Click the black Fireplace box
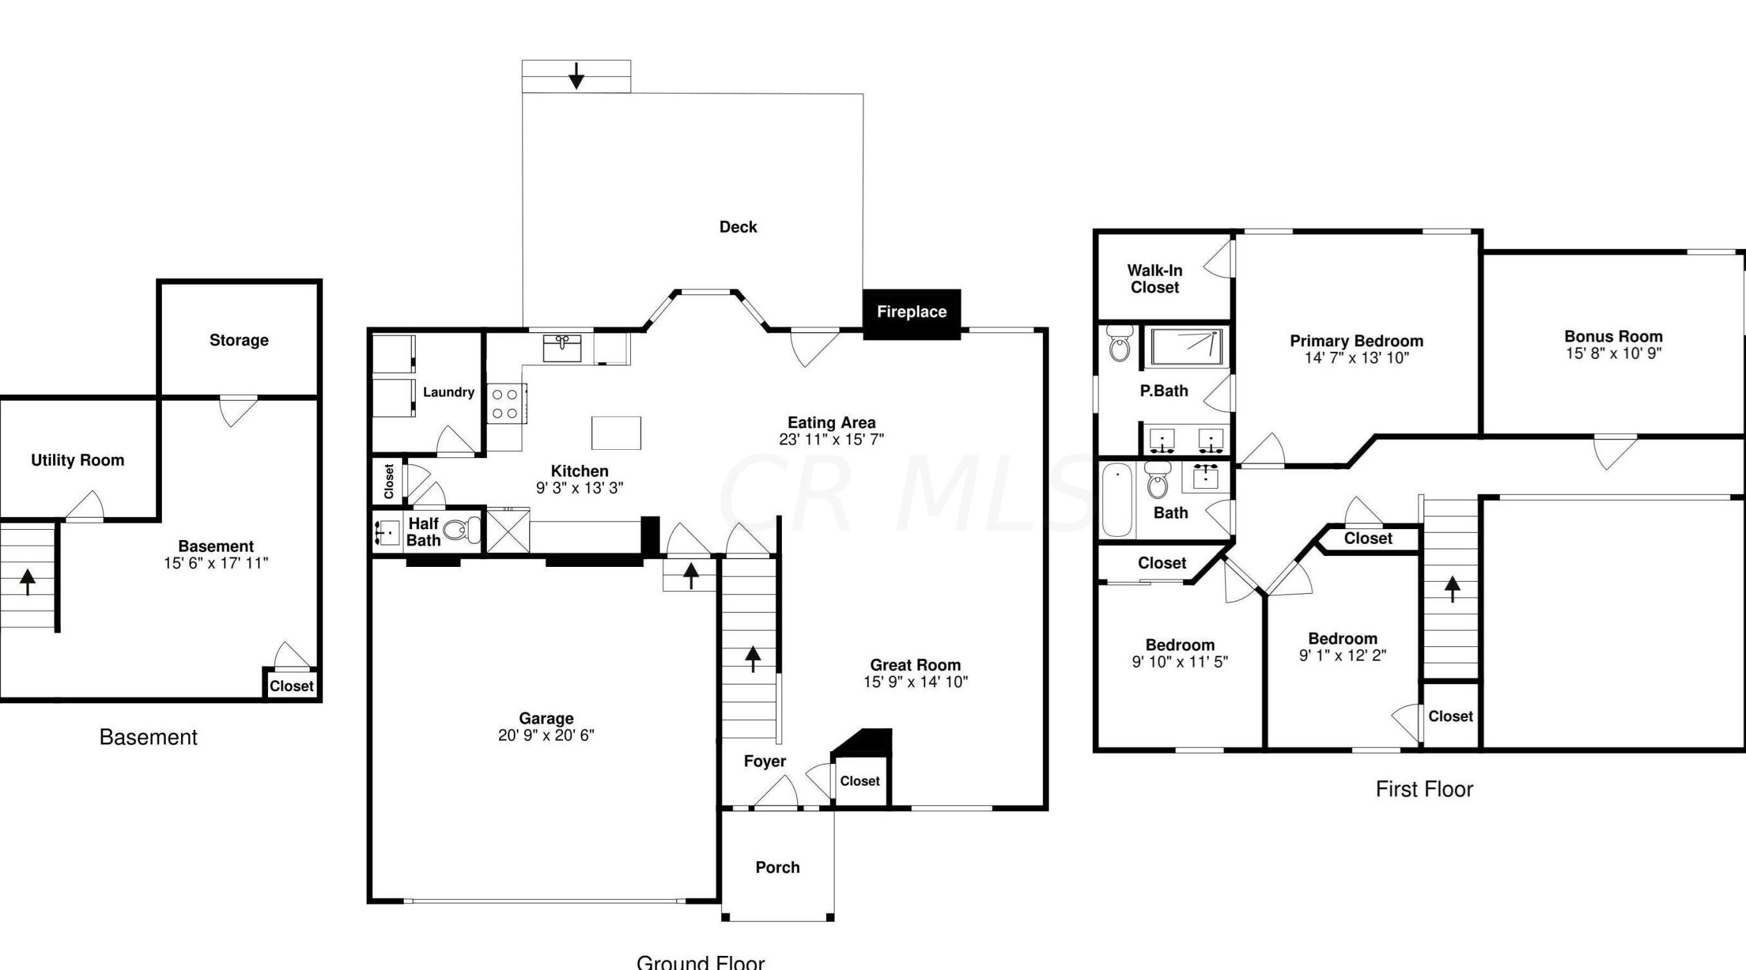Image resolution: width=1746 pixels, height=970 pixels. [x=911, y=313]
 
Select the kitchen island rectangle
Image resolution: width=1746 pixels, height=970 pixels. [x=615, y=433]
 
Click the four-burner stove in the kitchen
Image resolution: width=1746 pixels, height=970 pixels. [x=505, y=403]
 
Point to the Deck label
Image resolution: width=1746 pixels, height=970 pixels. [x=738, y=227]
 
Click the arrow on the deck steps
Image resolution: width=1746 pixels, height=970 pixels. [x=576, y=76]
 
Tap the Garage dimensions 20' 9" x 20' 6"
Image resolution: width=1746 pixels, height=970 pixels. [x=546, y=735]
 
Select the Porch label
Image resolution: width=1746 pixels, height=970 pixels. [x=777, y=867]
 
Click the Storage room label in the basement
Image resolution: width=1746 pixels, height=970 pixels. [x=239, y=340]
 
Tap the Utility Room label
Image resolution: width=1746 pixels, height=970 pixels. [x=77, y=460]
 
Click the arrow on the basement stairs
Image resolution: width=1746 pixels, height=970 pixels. [x=27, y=582]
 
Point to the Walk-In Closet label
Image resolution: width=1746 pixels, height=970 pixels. [x=1154, y=278]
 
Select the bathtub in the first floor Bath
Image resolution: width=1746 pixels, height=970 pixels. [x=1116, y=500]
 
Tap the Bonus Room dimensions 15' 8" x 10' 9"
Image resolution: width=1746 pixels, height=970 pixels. [x=1612, y=353]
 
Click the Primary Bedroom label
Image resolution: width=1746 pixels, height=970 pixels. [x=1356, y=341]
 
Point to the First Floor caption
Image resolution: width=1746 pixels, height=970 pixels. [x=1424, y=789]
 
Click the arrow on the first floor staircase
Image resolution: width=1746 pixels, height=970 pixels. [x=1452, y=589]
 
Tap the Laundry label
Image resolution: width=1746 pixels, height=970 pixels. [x=448, y=392]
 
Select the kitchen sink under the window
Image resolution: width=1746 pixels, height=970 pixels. [x=561, y=347]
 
